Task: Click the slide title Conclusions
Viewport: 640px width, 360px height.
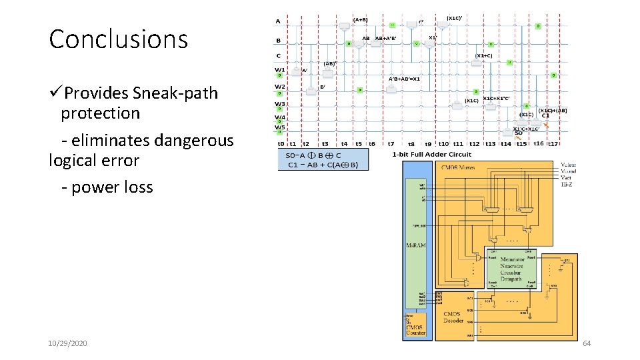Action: (x=119, y=39)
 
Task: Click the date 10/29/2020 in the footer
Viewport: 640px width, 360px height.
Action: (x=67, y=343)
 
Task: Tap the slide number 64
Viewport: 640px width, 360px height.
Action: (x=587, y=343)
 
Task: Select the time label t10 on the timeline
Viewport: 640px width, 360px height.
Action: (x=443, y=143)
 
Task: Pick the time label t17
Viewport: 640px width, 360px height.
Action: (x=553, y=143)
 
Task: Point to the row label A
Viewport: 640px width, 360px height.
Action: (x=278, y=21)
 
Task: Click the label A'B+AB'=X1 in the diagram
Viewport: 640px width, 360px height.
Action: (x=404, y=79)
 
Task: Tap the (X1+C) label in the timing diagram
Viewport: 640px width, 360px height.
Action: (x=484, y=56)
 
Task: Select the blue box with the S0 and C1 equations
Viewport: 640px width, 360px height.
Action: (x=323, y=159)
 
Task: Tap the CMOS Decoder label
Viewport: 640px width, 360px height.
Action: (x=453, y=317)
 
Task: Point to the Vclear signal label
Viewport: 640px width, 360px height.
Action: (x=569, y=164)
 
